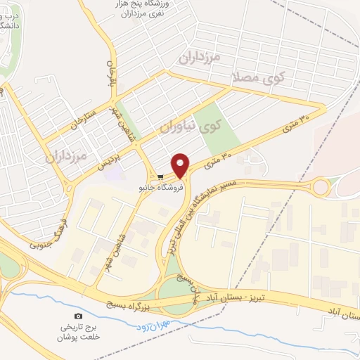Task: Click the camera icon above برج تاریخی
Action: tap(78, 317)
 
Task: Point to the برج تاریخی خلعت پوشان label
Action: tap(78, 332)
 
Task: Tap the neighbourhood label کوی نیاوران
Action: tap(191, 127)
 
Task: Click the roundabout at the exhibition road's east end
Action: tap(321, 187)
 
